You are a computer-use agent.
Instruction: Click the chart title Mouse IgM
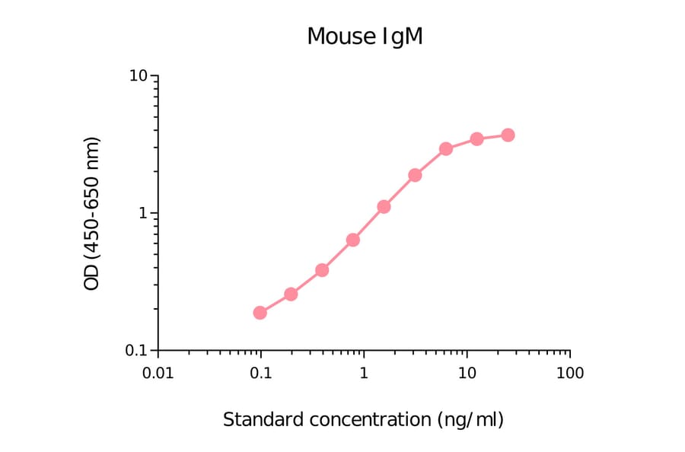click(365, 37)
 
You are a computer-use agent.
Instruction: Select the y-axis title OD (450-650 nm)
click(92, 214)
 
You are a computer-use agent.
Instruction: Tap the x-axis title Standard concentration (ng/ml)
click(363, 419)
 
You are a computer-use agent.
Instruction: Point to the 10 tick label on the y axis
click(139, 77)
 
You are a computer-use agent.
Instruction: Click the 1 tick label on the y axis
click(143, 214)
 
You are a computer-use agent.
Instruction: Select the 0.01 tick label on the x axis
click(158, 374)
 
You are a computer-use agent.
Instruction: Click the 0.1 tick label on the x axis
click(260, 374)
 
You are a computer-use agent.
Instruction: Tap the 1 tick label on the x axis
click(364, 374)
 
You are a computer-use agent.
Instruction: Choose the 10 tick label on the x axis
click(467, 374)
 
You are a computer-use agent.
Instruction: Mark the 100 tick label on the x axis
click(569, 374)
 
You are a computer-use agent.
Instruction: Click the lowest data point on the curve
click(260, 313)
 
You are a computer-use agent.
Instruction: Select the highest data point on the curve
click(508, 135)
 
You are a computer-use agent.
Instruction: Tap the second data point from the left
click(291, 294)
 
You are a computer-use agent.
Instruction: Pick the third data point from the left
click(322, 270)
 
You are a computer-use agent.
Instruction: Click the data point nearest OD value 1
click(384, 207)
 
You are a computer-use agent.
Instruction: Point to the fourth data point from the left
click(353, 240)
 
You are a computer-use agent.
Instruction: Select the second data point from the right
click(476, 138)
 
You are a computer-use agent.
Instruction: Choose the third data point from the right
click(446, 148)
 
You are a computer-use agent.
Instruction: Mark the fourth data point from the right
click(415, 175)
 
